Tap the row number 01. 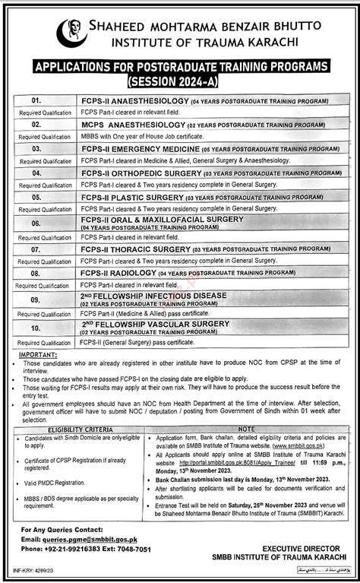[35, 99]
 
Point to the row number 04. [35, 173]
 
